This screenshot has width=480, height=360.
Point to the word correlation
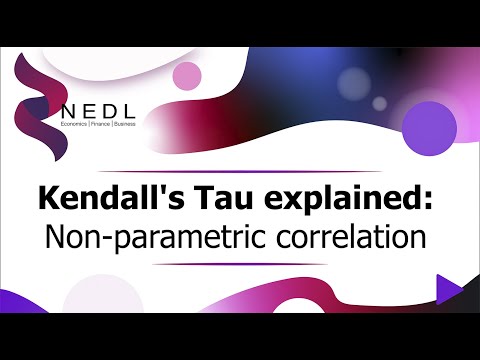pos(338,240)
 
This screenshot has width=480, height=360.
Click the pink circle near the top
pos(187,75)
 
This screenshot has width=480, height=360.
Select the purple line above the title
pos(239,169)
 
